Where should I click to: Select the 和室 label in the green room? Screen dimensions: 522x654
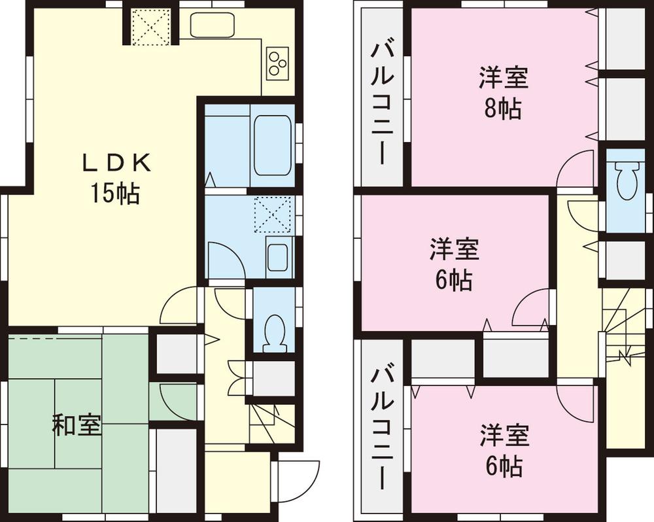tap(77, 426)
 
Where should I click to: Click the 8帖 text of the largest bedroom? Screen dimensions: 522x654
tap(503, 109)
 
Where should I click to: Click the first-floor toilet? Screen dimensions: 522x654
tap(273, 331)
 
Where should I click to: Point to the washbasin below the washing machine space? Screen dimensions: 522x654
tap(277, 256)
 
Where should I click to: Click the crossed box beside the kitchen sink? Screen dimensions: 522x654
tap(151, 27)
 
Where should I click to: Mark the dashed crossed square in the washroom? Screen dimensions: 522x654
tap(273, 213)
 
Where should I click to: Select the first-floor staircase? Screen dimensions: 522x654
tap(269, 422)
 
